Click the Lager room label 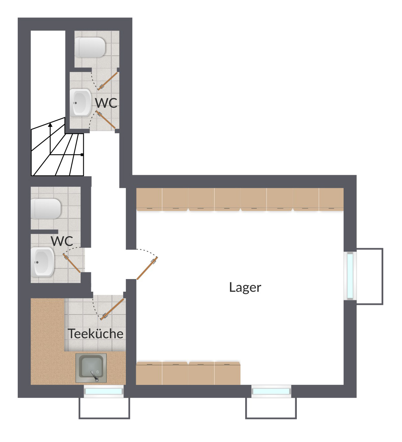coord(245,287)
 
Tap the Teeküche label coord(95,334)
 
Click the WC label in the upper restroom coord(106,103)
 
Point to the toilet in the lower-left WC coord(45,209)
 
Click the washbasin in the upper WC coord(81,103)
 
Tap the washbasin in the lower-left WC coord(43,262)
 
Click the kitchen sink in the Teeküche coord(91,368)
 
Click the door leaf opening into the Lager coord(147,268)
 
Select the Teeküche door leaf coord(112,309)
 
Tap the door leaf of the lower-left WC coord(72,263)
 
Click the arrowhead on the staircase coord(50,125)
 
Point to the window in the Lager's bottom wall coord(271,391)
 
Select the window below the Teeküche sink coord(104,391)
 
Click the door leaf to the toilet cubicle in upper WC coord(108,81)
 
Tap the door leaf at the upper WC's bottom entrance coord(106,120)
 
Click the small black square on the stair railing coord(82,155)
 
